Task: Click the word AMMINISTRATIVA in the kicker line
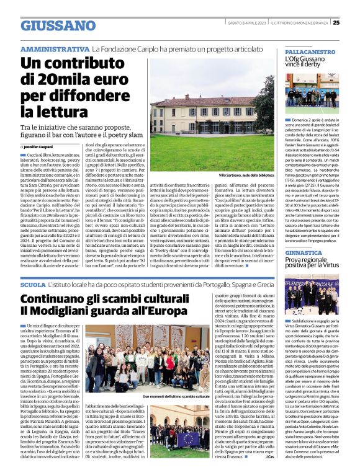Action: coord(54,48)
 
